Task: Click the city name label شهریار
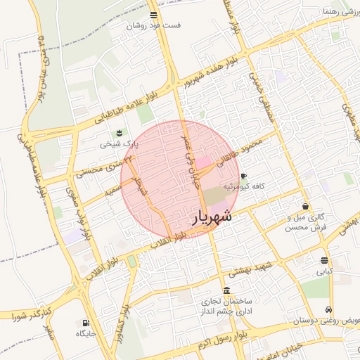click(x=213, y=217)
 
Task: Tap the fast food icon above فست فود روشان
click(x=153, y=15)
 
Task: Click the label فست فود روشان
click(x=153, y=25)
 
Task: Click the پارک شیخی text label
click(x=119, y=143)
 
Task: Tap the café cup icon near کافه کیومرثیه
click(x=243, y=176)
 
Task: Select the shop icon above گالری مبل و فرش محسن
click(x=305, y=207)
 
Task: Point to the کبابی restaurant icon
click(x=323, y=260)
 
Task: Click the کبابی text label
click(x=324, y=271)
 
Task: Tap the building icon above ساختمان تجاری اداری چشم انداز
click(x=226, y=290)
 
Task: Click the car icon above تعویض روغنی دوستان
click(x=328, y=310)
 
